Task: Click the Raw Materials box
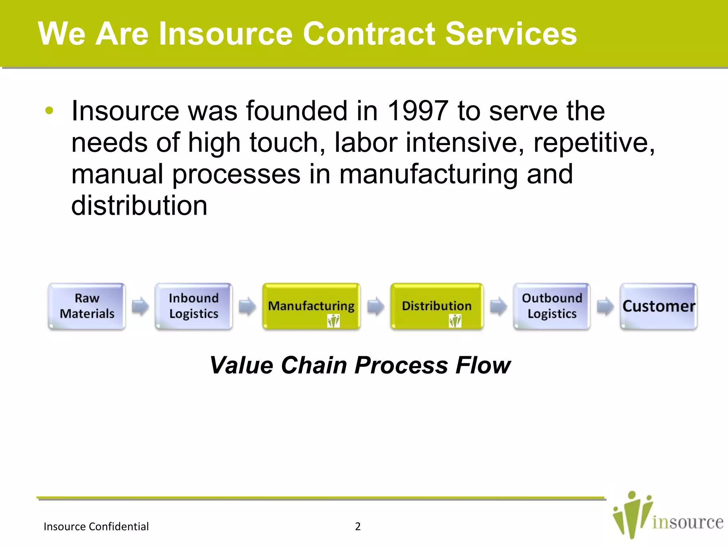(87, 306)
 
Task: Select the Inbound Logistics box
(194, 306)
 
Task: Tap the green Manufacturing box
(311, 306)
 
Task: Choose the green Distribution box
(437, 306)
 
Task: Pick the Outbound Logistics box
(552, 306)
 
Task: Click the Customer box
(659, 306)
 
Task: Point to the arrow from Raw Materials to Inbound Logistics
(140, 306)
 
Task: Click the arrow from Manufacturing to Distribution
(375, 306)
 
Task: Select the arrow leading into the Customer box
(605, 306)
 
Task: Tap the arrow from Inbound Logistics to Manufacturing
(247, 306)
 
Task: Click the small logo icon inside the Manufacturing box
(333, 321)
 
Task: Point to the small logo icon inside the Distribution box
(455, 321)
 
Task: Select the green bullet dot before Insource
(49, 111)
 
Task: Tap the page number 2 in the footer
(358, 526)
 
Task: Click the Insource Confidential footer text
(96, 526)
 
